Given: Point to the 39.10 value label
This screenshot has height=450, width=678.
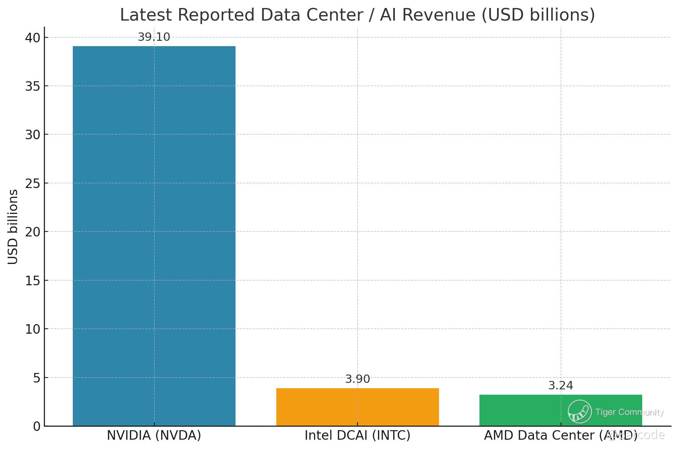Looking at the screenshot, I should pyautogui.click(x=154, y=37).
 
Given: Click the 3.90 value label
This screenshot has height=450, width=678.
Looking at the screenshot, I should pyautogui.click(x=357, y=379).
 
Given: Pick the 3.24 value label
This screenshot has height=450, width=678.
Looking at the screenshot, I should pyautogui.click(x=561, y=386).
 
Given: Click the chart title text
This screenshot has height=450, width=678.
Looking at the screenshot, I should pyautogui.click(x=357, y=15).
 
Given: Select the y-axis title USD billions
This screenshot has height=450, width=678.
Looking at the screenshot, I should pyautogui.click(x=13, y=227).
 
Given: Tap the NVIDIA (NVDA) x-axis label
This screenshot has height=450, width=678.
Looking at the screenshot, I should pyautogui.click(x=154, y=436).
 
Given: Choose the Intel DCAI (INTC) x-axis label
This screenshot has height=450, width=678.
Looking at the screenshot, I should pyautogui.click(x=357, y=436).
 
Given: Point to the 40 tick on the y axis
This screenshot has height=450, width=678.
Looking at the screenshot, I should pyautogui.click(x=32, y=37).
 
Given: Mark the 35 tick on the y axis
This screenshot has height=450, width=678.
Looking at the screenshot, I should pyautogui.click(x=32, y=86).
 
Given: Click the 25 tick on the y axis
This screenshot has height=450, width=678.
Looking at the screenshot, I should pyautogui.click(x=32, y=183).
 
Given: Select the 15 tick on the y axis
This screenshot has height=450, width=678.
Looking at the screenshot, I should pyautogui.click(x=32, y=281).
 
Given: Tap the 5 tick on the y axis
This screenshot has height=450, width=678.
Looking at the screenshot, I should pyautogui.click(x=36, y=378).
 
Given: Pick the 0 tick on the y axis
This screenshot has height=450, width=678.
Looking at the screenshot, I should pyautogui.click(x=37, y=426).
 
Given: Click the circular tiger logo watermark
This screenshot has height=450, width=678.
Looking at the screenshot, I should pyautogui.click(x=580, y=411).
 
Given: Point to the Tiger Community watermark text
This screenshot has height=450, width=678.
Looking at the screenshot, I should pyautogui.click(x=630, y=412).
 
